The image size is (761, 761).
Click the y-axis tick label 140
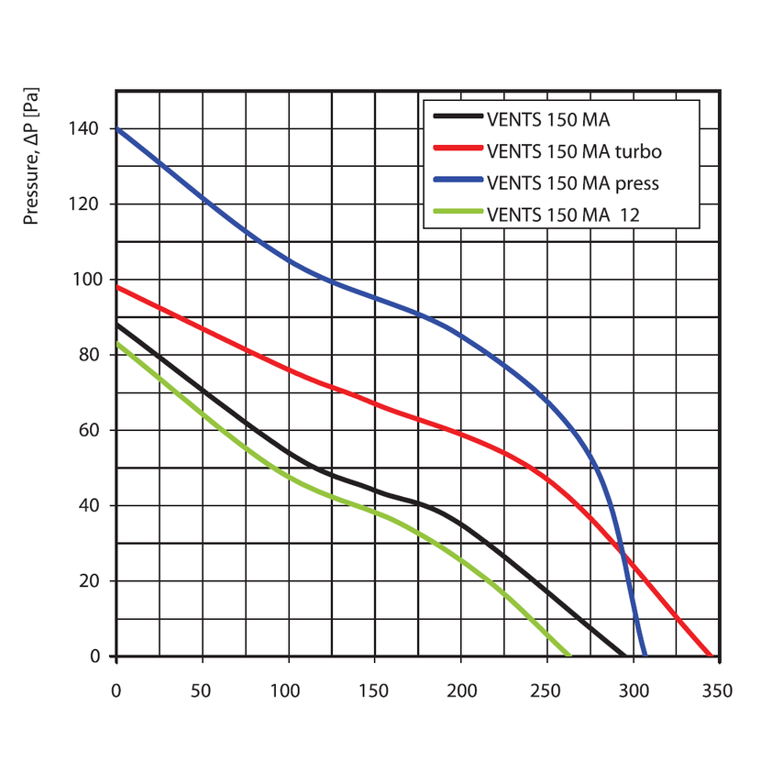coord(84,129)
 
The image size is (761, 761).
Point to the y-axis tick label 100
coord(84,280)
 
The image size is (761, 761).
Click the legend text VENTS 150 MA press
coord(573,182)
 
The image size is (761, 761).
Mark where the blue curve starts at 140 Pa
coord(117,129)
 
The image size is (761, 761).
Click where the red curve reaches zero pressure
coord(711,656)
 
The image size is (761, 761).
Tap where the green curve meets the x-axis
coord(569,656)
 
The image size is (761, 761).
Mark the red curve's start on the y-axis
coord(117,287)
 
